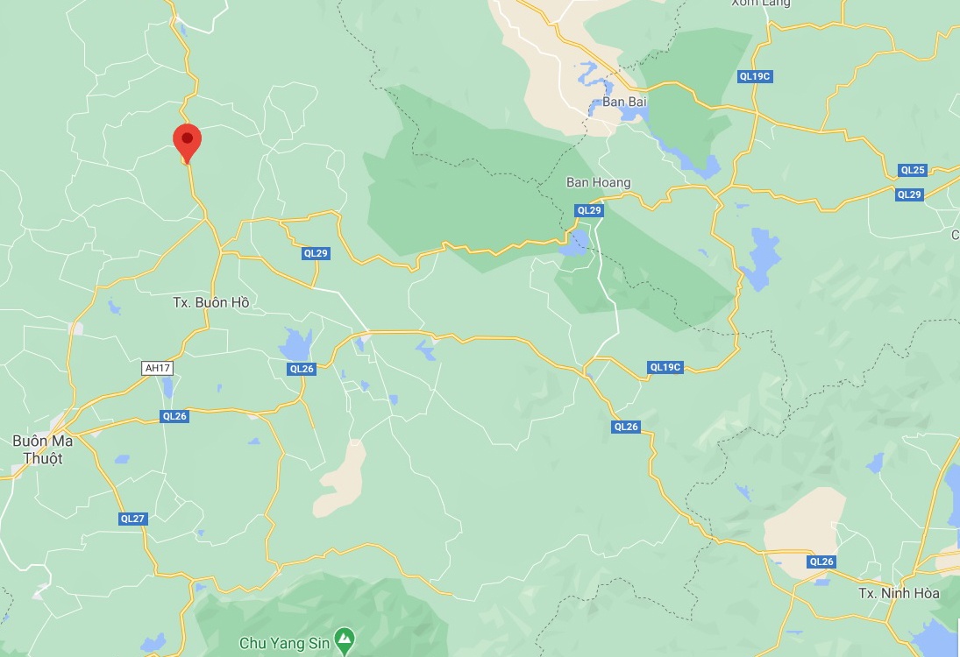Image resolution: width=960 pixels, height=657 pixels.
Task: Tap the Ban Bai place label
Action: click(x=624, y=102)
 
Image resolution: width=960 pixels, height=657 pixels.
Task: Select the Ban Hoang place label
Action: click(x=598, y=182)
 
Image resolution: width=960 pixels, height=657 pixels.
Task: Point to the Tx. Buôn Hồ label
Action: click(x=211, y=302)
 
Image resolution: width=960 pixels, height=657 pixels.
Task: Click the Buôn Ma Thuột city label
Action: click(x=43, y=449)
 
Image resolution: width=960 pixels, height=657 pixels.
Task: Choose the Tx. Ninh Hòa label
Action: click(x=899, y=593)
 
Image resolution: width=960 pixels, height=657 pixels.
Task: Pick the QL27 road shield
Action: click(x=132, y=519)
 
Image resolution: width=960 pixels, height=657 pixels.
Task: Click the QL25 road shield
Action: click(x=912, y=170)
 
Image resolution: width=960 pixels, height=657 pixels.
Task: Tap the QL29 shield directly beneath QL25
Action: click(x=909, y=194)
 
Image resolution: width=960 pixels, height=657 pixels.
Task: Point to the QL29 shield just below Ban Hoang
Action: click(x=589, y=210)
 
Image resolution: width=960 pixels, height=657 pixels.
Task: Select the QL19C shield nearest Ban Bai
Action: click(x=754, y=76)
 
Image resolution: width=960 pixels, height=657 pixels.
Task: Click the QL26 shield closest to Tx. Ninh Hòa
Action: click(x=821, y=562)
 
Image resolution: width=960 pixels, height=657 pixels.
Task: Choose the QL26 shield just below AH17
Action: click(x=174, y=416)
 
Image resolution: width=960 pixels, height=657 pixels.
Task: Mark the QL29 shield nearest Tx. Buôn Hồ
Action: click(x=316, y=253)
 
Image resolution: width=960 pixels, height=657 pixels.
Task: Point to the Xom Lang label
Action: click(x=760, y=3)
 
